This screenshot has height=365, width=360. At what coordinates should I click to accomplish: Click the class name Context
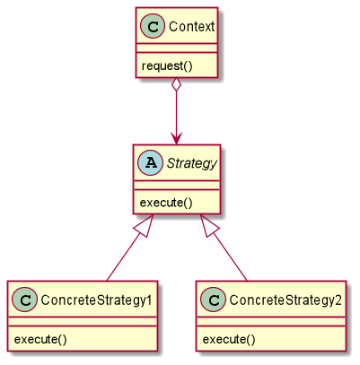(191, 27)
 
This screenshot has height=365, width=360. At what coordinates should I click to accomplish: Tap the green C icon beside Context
(153, 26)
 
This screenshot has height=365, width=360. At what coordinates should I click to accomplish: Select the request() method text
(167, 65)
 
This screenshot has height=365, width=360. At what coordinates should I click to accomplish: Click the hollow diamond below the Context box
(177, 85)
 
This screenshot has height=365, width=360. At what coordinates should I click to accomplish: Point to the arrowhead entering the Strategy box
(177, 138)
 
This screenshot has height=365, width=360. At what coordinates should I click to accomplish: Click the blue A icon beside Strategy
(150, 163)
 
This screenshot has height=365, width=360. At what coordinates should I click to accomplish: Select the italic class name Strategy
(191, 163)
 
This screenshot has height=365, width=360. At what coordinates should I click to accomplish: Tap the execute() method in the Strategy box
(166, 203)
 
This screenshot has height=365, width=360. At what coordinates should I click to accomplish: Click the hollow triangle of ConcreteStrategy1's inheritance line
(145, 226)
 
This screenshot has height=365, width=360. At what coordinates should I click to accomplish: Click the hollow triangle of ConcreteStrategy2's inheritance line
(209, 226)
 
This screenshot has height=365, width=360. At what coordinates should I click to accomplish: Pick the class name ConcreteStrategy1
(97, 300)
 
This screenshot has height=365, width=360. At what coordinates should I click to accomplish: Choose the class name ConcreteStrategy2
(285, 300)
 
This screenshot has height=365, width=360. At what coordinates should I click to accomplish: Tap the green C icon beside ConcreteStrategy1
(24, 300)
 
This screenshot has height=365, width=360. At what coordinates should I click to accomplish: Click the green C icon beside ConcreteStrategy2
(213, 300)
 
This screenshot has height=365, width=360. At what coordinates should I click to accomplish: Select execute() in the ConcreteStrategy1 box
(40, 339)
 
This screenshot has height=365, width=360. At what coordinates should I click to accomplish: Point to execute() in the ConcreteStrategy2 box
(229, 339)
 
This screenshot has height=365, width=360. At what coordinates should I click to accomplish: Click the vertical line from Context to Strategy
(177, 111)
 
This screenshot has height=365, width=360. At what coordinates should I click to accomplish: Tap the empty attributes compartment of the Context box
(177, 48)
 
